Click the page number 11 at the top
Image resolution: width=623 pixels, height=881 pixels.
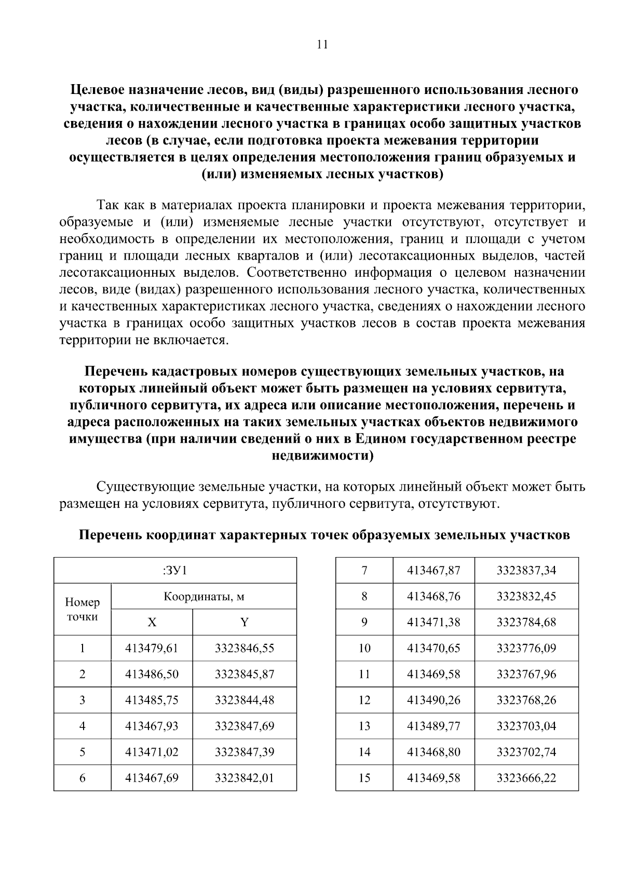322,45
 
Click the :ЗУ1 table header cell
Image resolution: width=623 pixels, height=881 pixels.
175,571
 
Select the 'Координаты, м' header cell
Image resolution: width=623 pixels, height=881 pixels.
204,597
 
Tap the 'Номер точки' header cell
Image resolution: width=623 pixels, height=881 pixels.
83,609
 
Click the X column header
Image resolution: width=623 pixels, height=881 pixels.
152,622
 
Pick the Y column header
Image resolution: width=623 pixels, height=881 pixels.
245,622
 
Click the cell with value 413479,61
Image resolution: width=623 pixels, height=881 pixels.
152,648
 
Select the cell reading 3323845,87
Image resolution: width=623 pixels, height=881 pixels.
245,674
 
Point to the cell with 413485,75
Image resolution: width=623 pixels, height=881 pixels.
152,700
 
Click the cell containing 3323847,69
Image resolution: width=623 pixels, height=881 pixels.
245,726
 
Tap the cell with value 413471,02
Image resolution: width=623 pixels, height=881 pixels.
152,752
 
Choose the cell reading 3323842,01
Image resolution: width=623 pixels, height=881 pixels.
245,778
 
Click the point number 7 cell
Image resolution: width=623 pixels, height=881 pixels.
364,571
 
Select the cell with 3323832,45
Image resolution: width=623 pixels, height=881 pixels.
526,597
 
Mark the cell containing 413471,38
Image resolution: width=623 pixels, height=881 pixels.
434,622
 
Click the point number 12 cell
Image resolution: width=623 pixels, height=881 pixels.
364,700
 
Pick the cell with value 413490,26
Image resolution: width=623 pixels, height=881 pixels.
434,700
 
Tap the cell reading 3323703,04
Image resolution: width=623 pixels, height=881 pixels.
526,726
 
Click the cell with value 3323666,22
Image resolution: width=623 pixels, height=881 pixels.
526,778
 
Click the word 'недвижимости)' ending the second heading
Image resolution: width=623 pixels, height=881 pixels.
322,456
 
